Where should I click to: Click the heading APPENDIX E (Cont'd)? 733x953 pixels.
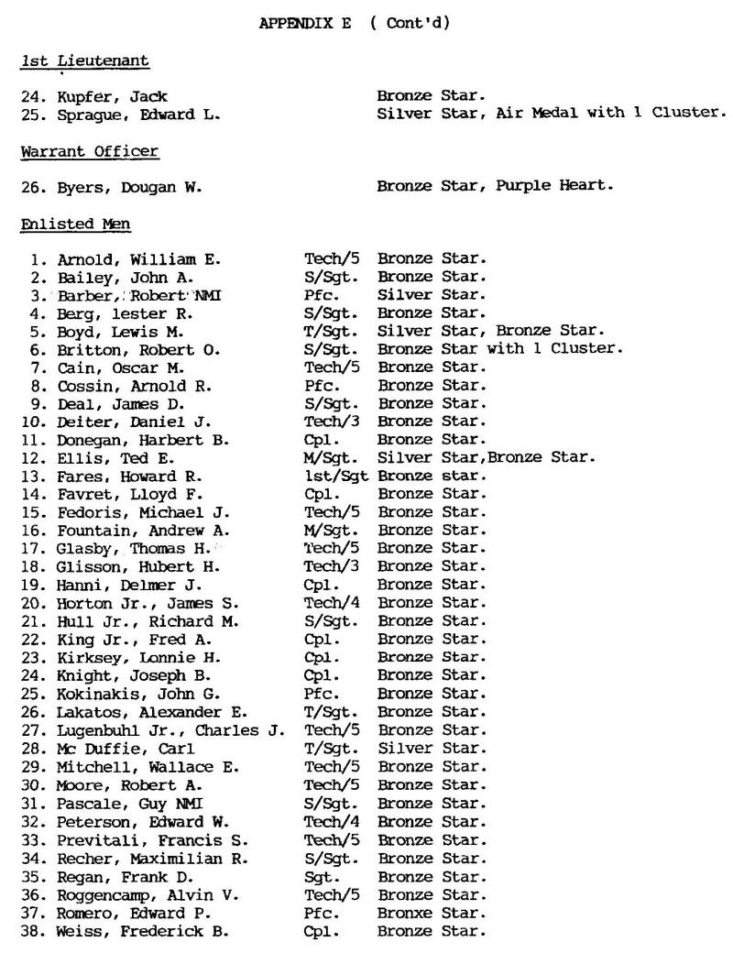355,23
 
